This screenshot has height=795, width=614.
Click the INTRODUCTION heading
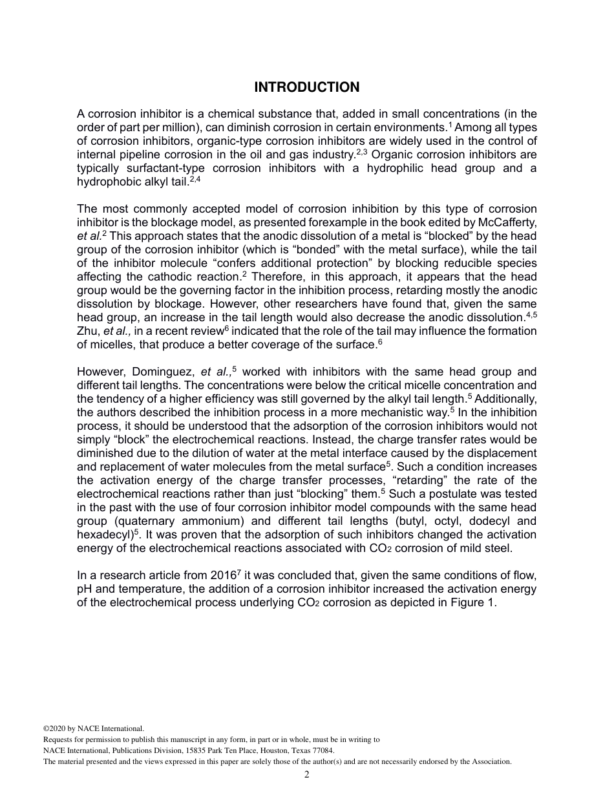tap(306, 87)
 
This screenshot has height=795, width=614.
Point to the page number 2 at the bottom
tap(307, 776)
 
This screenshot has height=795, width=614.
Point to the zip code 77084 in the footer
tap(323, 750)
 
